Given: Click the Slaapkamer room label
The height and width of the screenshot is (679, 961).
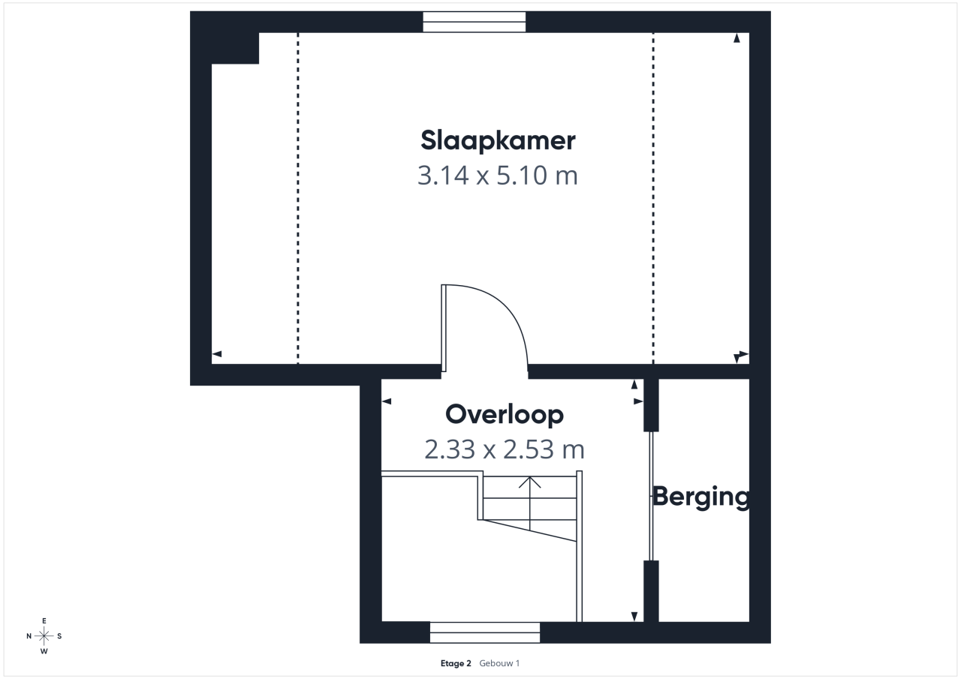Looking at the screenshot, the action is [498, 140].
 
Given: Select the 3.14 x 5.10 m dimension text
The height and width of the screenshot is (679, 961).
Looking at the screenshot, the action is [498, 176].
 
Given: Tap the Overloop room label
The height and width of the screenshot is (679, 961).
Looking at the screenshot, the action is [505, 414].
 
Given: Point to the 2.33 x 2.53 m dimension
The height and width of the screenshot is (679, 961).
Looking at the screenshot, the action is [505, 449].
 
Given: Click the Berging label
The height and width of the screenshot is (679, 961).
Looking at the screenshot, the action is [701, 497].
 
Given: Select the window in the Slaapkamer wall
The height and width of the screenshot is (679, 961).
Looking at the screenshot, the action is [474, 22].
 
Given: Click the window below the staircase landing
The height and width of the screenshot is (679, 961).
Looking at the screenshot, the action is [485, 632].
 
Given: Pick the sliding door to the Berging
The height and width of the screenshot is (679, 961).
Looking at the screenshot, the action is [651, 496].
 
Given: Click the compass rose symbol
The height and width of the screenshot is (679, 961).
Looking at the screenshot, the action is [44, 635].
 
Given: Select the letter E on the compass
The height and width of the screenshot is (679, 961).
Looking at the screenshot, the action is [44, 620].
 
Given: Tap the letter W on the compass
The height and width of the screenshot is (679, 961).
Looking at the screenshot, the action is [44, 651].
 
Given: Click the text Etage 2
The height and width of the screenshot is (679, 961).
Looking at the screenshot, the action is [456, 663].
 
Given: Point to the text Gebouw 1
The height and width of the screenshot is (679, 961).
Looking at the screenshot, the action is [499, 663].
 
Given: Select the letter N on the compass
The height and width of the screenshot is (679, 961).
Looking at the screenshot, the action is [29, 636].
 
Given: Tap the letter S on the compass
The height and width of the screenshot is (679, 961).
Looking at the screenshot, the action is [59, 636].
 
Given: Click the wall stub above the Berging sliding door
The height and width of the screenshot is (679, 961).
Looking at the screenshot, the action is [651, 405].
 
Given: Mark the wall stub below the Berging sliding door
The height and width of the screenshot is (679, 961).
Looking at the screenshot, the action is [651, 591].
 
